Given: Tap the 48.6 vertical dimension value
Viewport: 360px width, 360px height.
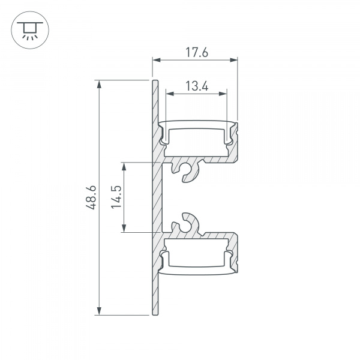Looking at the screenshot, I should point(91,197).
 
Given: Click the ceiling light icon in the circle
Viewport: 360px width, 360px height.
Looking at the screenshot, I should point(27,29).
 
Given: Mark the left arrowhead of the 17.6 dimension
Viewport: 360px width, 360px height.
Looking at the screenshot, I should point(155,59).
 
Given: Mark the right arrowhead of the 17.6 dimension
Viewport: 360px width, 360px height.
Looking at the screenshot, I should point(235,59).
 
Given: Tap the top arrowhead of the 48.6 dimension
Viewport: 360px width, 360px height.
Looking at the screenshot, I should point(99,83).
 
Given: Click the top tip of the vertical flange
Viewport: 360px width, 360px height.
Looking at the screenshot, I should point(154,81).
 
